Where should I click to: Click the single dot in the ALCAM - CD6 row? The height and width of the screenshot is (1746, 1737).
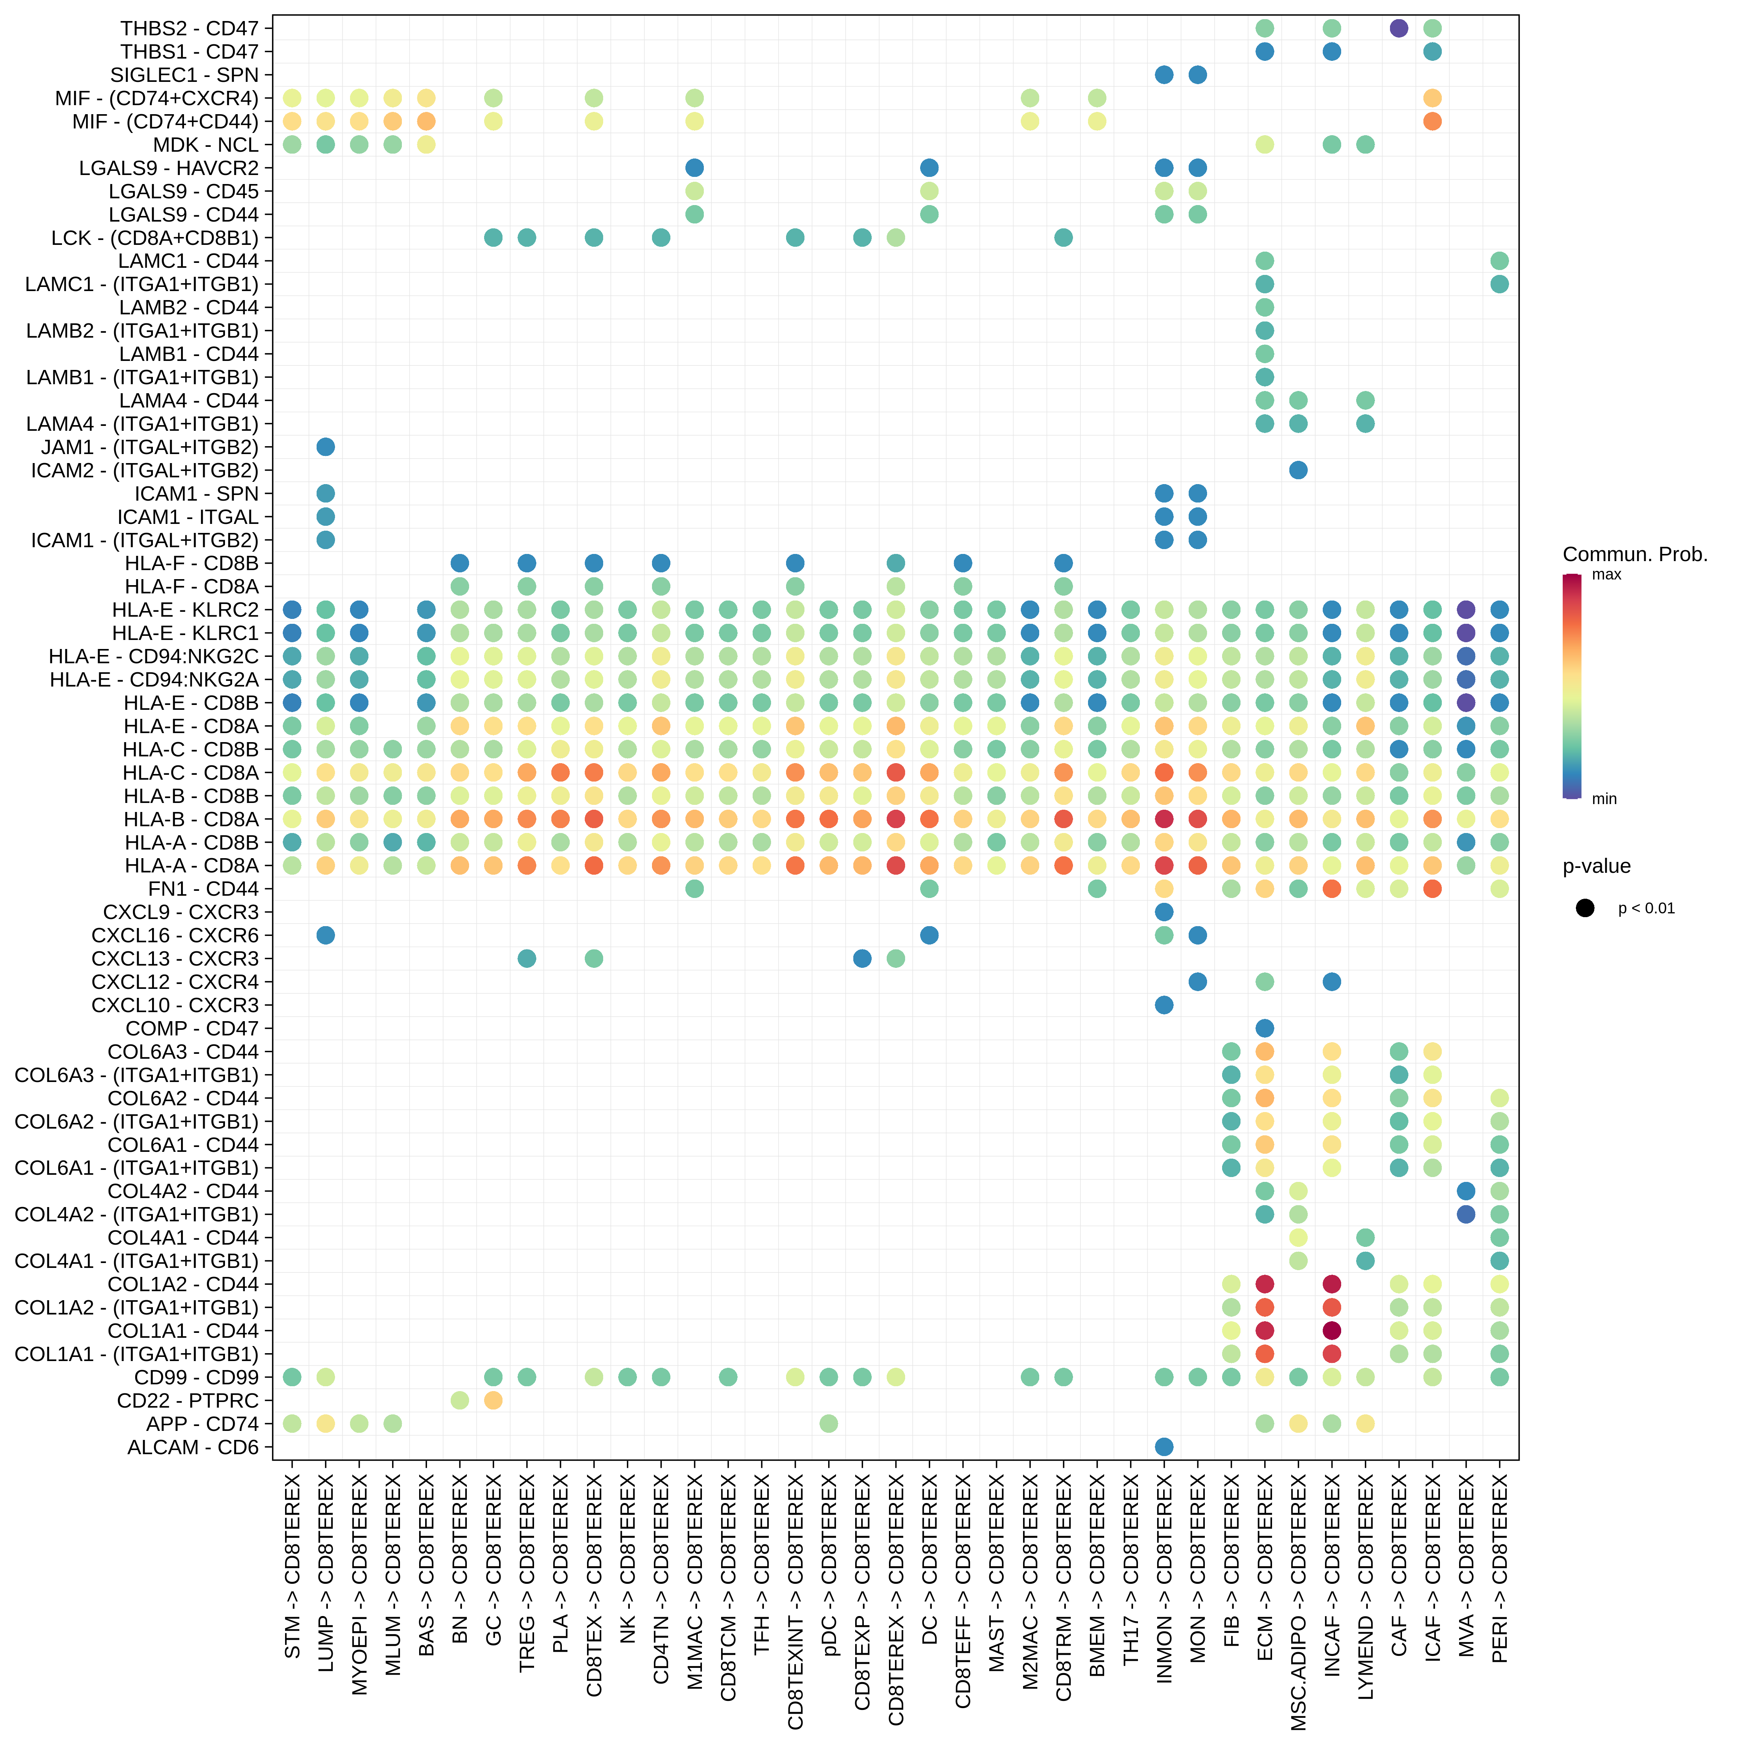[x=1164, y=1447]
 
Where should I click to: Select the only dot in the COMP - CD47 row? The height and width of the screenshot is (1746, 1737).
[x=1264, y=1028]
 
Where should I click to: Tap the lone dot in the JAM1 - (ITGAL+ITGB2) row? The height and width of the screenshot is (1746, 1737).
[x=325, y=447]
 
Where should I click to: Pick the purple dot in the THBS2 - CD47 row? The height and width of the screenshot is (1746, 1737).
[x=1398, y=28]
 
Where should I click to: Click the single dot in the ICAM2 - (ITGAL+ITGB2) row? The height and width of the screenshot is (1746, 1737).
[x=1298, y=470]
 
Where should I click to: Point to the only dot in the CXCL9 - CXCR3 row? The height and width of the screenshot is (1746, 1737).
[x=1164, y=912]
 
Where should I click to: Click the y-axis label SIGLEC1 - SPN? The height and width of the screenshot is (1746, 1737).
[x=184, y=75]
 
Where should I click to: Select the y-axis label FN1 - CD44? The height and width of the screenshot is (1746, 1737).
[x=203, y=888]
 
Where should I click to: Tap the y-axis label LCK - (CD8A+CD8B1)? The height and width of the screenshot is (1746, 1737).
[x=154, y=238]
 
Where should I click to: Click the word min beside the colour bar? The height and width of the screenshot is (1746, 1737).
[x=1604, y=799]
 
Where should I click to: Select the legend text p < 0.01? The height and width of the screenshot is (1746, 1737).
[x=1646, y=908]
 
